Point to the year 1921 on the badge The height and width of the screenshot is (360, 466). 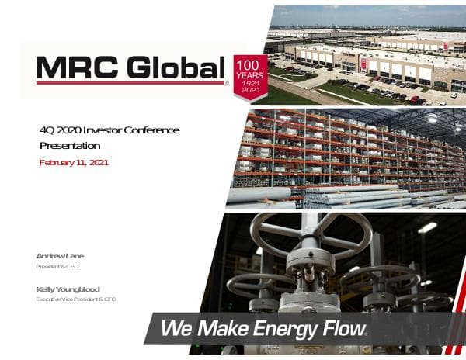251,83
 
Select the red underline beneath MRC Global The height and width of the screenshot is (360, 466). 130,82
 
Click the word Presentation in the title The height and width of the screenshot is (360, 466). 70,145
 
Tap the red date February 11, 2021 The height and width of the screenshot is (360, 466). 74,163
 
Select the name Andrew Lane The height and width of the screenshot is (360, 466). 60,256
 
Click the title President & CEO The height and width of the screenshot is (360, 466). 57,267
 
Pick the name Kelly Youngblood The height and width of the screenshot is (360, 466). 68,289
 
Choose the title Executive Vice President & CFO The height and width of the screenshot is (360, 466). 76,299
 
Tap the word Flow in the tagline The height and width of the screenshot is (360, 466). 341,329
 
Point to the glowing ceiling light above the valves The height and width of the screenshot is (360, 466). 427,227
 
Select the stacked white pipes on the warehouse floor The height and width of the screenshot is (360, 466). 342,196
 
